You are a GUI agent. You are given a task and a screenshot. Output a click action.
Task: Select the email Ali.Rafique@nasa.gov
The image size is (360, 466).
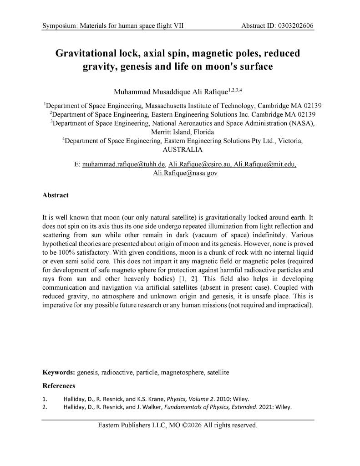click(x=179, y=173)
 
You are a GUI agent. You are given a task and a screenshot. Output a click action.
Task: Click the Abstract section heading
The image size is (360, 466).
click(x=56, y=195)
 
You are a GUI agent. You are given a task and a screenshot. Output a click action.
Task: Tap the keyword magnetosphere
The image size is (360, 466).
click(x=183, y=372)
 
